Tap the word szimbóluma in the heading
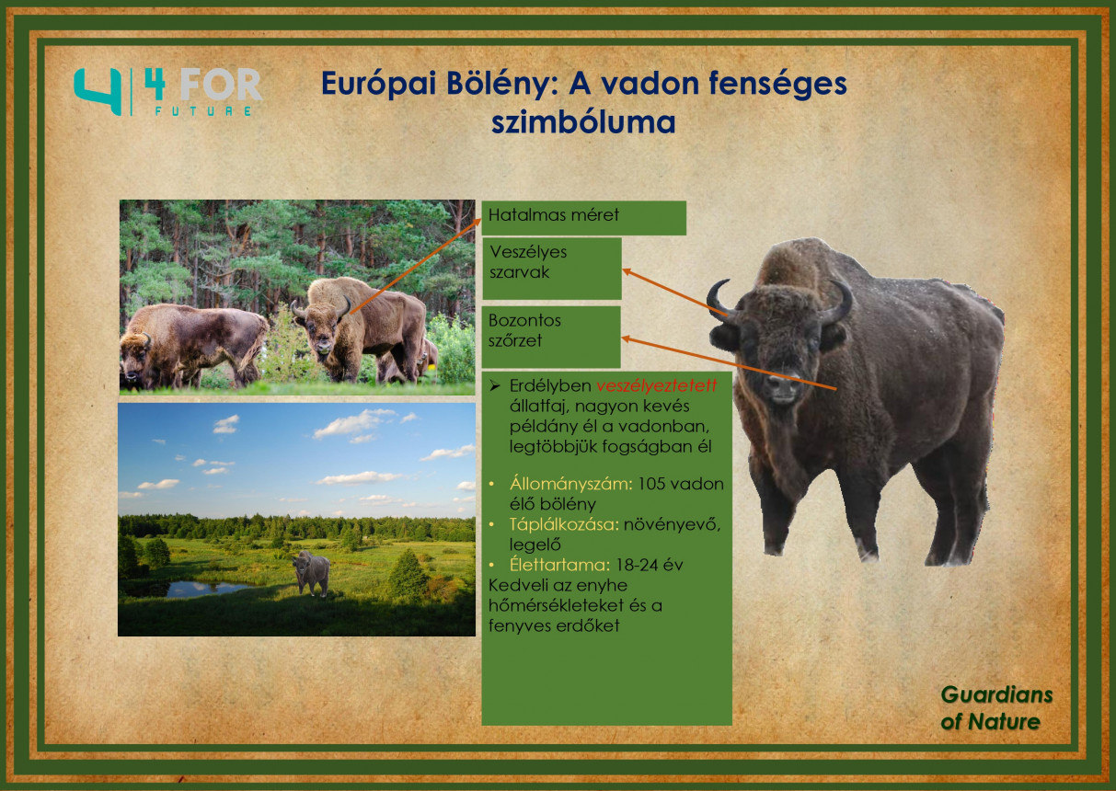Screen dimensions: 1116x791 coord(583,122)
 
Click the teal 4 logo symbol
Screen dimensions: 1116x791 coord(98,92)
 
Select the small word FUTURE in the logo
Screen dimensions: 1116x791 coord(202,111)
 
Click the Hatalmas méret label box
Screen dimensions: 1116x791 coord(583,218)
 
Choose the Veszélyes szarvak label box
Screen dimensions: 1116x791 coord(552,269)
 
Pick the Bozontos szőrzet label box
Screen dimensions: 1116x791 coord(551,338)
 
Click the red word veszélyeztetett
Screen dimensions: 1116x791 coord(657,386)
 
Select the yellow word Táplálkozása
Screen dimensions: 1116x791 coord(564,524)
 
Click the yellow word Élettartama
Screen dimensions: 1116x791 coord(559,565)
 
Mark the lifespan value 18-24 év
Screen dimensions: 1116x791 coord(650,565)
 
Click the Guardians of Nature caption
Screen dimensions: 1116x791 coord(996,708)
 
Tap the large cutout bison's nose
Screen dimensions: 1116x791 coord(783,384)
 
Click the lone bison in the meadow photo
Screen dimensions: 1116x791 coord(311,573)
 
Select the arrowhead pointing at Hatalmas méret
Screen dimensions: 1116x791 coord(477,221)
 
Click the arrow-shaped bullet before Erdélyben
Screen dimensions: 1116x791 coord(494,386)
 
